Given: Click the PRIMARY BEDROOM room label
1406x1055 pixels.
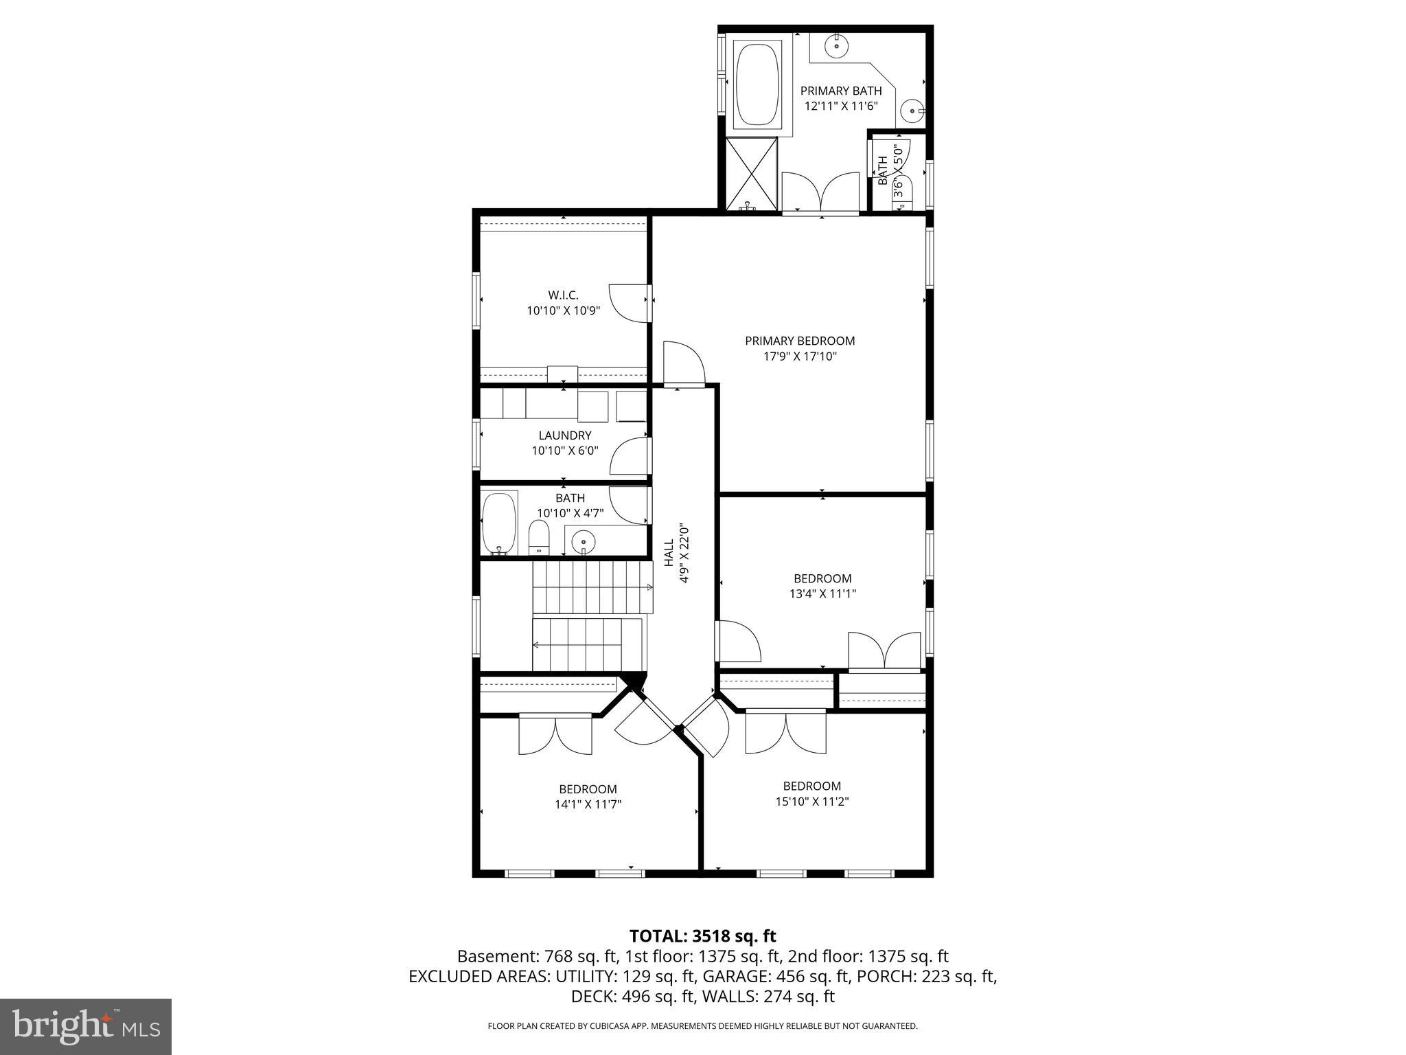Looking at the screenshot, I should (800, 341).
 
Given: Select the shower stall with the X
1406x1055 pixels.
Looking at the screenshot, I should (752, 174).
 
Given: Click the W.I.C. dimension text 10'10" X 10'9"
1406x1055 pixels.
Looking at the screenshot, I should (564, 310).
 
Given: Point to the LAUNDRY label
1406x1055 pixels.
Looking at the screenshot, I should (564, 435).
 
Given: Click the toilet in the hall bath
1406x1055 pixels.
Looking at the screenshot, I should (540, 537).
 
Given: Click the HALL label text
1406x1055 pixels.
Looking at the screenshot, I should (669, 552).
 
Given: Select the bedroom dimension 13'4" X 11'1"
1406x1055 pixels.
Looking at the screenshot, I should (822, 593).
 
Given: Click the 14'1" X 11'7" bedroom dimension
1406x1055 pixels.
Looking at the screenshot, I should (588, 804).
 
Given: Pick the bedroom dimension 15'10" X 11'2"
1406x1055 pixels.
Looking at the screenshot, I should (811, 801).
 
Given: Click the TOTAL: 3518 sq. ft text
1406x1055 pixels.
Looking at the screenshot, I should (702, 935).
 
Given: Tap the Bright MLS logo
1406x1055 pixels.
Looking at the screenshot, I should (86, 1027).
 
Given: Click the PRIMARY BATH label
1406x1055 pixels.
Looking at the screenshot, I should (841, 91).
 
